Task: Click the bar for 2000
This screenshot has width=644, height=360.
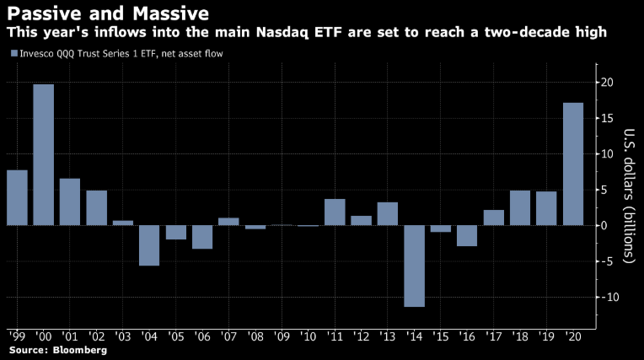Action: (x=44, y=154)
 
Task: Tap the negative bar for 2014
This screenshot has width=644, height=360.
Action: (x=414, y=266)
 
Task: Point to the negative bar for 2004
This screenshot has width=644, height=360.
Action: (x=149, y=245)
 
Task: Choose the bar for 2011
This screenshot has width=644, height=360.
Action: (x=335, y=212)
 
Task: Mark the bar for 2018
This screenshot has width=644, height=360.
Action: (x=520, y=207)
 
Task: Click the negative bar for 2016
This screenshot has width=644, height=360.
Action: (x=467, y=235)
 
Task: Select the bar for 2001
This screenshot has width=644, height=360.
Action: (x=70, y=201)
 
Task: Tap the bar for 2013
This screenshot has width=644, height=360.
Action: (x=388, y=213)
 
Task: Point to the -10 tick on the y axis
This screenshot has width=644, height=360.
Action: (x=606, y=297)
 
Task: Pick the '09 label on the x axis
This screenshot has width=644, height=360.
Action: (x=282, y=336)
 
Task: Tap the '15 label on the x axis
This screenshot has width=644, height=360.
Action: (x=441, y=336)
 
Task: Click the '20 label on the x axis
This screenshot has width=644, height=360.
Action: (x=573, y=336)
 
